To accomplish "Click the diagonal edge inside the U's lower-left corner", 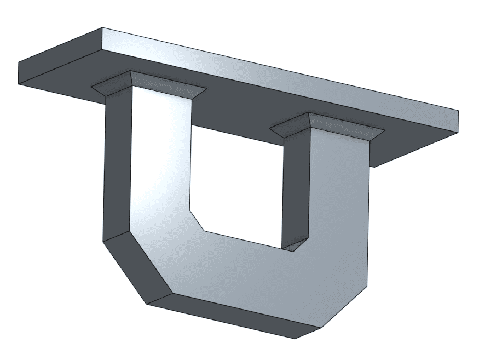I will [197, 220].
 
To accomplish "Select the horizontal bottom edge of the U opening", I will [244, 240].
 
